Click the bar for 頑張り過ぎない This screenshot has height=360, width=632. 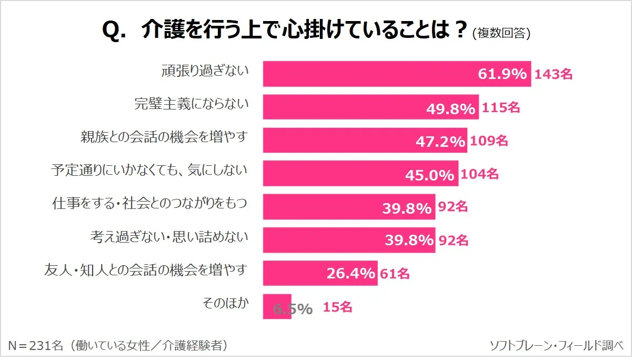pos(368,74)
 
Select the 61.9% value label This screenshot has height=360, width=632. pos(502,74)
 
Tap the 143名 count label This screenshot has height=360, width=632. pos(553,74)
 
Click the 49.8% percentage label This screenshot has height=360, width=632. pos(450,108)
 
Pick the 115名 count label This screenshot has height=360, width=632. pos(500,108)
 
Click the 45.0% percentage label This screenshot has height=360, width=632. pos(429,175)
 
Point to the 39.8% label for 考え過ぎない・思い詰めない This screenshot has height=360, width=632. pos(409,241)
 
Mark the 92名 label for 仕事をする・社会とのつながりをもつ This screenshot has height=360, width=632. pos(453,207)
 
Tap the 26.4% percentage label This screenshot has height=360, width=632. pos(350,274)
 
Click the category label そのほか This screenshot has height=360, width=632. pos(225,303)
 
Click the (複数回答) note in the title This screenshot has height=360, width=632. pos(501,33)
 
